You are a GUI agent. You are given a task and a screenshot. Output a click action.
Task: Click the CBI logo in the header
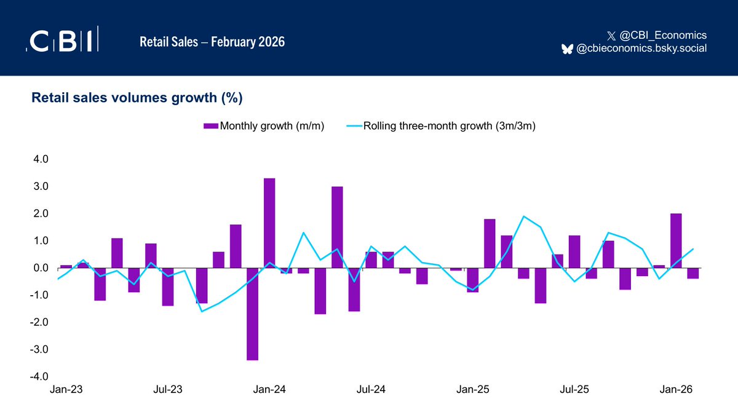pyautogui.click(x=61, y=41)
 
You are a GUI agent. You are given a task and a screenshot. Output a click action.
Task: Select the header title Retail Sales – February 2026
pyautogui.click(x=212, y=42)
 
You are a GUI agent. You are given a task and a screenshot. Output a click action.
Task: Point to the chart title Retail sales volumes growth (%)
pyautogui.click(x=137, y=98)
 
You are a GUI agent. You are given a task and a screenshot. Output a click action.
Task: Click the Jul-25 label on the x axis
pyautogui.click(x=574, y=390)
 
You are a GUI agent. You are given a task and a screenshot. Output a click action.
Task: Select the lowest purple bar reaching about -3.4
pyautogui.click(x=252, y=314)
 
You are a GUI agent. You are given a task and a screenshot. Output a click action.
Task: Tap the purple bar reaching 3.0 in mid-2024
pyautogui.click(x=337, y=227)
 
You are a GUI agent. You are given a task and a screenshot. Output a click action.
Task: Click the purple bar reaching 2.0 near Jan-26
pyautogui.click(x=675, y=240)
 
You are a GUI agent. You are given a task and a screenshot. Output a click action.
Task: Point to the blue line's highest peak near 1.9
pyautogui.click(x=523, y=216)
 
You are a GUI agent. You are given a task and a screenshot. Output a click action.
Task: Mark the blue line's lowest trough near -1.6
pyautogui.click(x=202, y=311)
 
